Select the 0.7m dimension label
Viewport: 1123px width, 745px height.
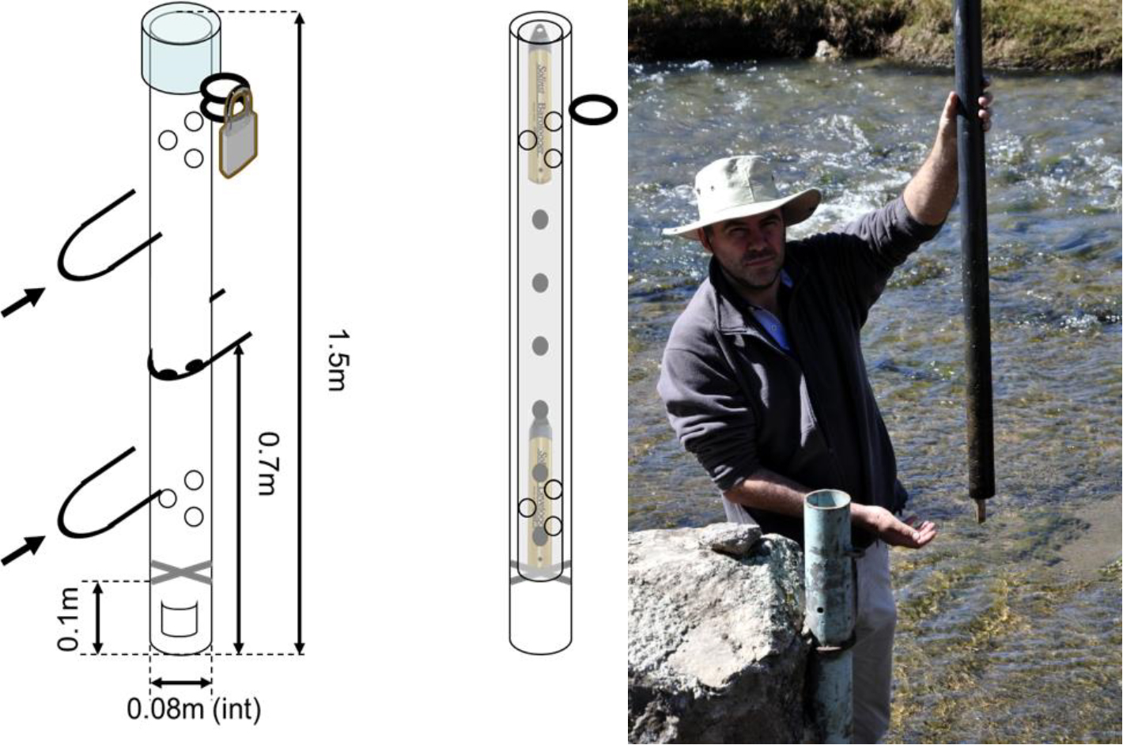tap(269, 463)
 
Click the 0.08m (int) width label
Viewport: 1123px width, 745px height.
tap(194, 709)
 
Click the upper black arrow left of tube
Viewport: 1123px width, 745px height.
tap(22, 302)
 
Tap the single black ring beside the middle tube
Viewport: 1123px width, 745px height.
tap(593, 110)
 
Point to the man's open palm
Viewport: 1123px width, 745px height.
tap(909, 533)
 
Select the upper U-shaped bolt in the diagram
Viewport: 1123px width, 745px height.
tap(103, 237)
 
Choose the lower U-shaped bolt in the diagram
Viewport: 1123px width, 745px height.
tap(103, 490)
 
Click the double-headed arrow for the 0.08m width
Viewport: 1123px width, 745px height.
tap(181, 682)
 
